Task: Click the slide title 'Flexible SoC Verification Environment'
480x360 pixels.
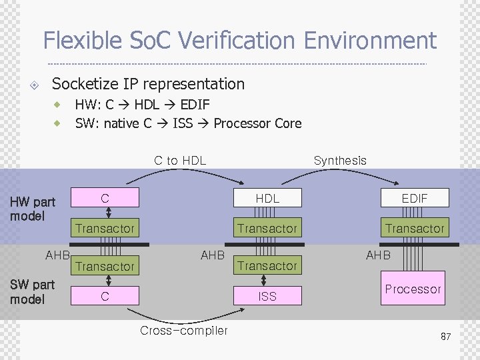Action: [x=239, y=41]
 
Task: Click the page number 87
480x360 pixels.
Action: [x=445, y=337]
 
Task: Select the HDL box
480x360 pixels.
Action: [x=267, y=198]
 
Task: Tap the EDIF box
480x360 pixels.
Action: [x=414, y=198]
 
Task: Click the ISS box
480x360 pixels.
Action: [x=267, y=296]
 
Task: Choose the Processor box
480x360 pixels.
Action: [x=413, y=289]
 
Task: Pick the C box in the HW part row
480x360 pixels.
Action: [x=105, y=198]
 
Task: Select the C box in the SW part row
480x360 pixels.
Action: [x=105, y=296]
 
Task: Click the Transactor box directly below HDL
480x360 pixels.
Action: [x=267, y=229]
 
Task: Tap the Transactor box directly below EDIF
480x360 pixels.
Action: [x=414, y=229]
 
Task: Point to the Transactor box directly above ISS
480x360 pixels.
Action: [x=267, y=266]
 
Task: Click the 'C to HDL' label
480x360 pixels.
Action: [x=180, y=160]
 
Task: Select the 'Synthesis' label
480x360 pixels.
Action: [x=340, y=160]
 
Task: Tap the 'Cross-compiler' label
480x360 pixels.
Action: [x=184, y=331]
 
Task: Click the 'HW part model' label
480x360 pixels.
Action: [x=32, y=209]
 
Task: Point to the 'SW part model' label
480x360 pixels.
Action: [x=32, y=292]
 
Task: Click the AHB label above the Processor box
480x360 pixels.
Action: [x=378, y=255]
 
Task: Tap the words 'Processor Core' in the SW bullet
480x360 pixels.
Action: [x=257, y=123]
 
